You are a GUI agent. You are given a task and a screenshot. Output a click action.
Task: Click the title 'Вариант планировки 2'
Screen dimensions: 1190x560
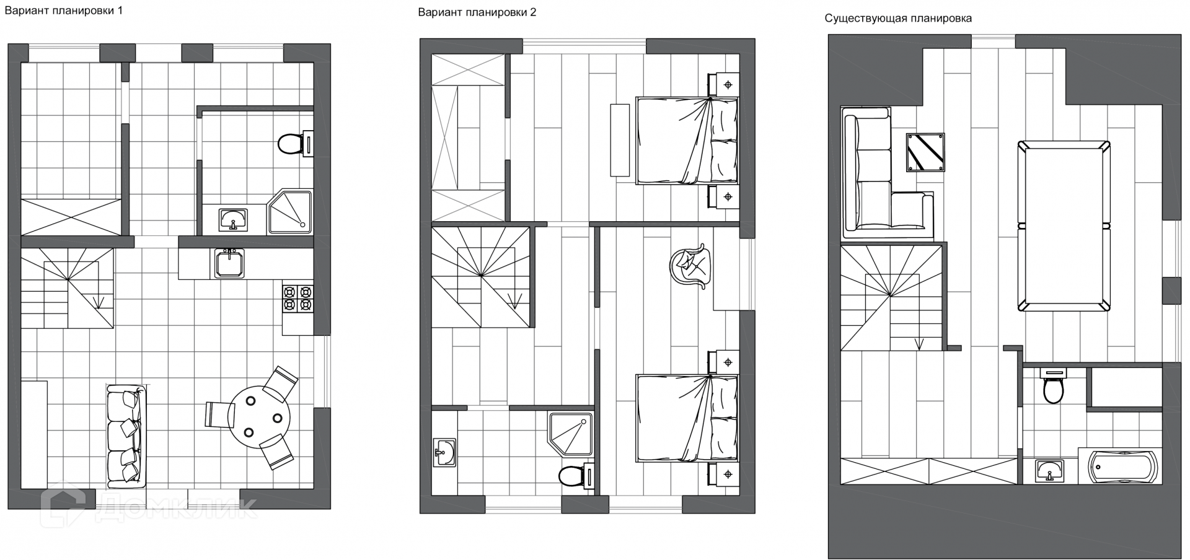coord(477,12)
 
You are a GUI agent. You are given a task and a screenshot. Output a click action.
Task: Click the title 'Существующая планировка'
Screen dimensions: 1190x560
coord(898,19)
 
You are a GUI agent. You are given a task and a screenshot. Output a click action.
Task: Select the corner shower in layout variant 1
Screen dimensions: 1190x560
coord(290,212)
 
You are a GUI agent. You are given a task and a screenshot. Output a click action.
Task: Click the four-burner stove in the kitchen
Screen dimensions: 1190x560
coord(297,298)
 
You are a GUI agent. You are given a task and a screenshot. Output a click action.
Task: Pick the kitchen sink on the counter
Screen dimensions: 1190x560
coord(229,263)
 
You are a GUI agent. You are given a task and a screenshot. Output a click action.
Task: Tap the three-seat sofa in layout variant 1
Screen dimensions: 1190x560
coord(126,435)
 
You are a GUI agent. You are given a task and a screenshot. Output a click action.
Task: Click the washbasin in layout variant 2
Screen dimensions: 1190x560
coord(444,452)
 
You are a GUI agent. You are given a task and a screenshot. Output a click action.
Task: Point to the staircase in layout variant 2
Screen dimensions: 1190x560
coord(481,277)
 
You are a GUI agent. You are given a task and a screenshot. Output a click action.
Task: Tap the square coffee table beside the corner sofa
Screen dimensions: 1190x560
coord(925,152)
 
